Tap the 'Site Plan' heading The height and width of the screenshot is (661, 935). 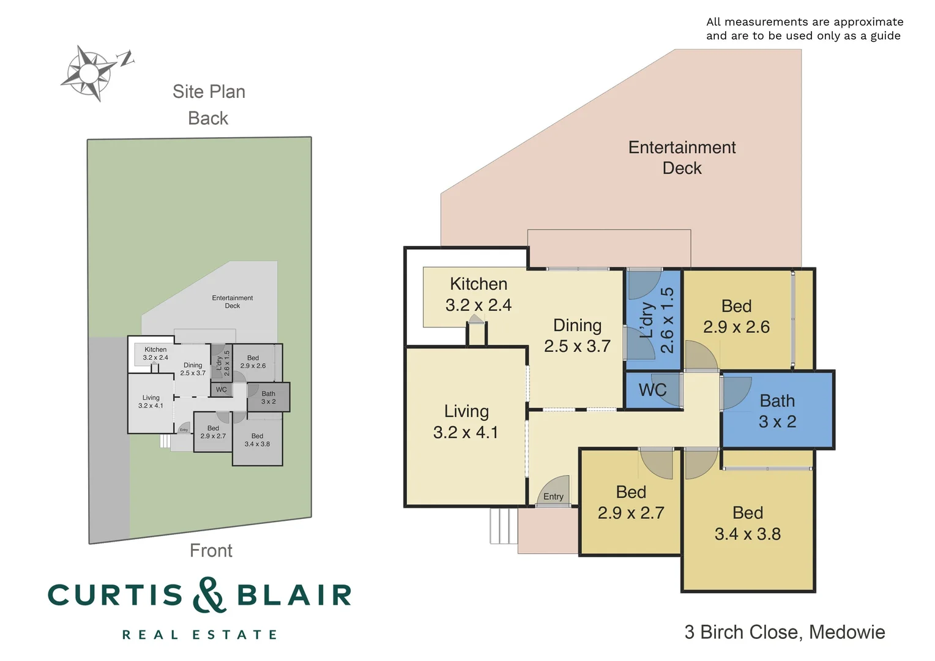click(209, 92)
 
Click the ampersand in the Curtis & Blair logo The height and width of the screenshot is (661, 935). click(209, 595)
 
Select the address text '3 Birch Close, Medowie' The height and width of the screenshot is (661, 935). click(784, 632)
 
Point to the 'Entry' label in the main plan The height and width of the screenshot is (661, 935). click(553, 496)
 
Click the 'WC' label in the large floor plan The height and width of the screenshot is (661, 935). click(652, 390)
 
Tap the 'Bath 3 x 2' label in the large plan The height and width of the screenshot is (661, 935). click(777, 411)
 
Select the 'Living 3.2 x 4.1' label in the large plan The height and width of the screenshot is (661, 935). click(466, 422)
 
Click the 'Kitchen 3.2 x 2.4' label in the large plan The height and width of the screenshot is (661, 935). click(479, 294)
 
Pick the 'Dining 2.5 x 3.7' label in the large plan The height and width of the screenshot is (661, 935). click(577, 336)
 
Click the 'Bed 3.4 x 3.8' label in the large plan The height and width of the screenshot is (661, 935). click(748, 523)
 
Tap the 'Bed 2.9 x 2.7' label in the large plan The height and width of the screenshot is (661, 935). click(631, 502)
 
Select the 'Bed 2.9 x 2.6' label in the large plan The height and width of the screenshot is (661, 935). click(736, 316)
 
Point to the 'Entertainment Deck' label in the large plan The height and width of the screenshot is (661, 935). click(682, 158)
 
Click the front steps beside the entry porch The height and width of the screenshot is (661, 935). click(503, 526)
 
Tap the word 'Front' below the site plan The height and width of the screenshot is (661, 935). click(211, 551)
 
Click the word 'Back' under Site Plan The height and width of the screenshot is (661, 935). click(208, 118)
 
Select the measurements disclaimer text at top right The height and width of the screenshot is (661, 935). click(804, 29)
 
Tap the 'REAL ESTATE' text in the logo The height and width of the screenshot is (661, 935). click(199, 635)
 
